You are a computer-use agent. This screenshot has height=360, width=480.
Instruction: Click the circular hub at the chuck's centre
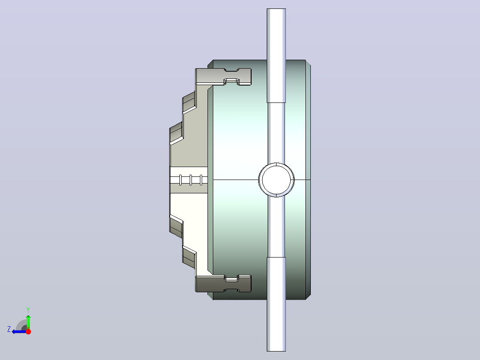coord(277,180)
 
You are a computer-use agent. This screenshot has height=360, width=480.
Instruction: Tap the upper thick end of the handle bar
coord(276,55)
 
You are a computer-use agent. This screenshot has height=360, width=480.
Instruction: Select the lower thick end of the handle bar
coord(276,304)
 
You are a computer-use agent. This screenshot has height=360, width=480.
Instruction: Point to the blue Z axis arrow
coord(19,331)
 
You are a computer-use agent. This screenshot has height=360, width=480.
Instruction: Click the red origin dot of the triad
coord(28,331)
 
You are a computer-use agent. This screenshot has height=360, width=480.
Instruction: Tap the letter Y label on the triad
coord(28,310)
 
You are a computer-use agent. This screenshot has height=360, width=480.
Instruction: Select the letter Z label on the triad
coord(9,329)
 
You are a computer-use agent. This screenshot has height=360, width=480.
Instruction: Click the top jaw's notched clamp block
coord(223,77)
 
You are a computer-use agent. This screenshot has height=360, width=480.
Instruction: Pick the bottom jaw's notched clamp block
coord(223,283)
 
